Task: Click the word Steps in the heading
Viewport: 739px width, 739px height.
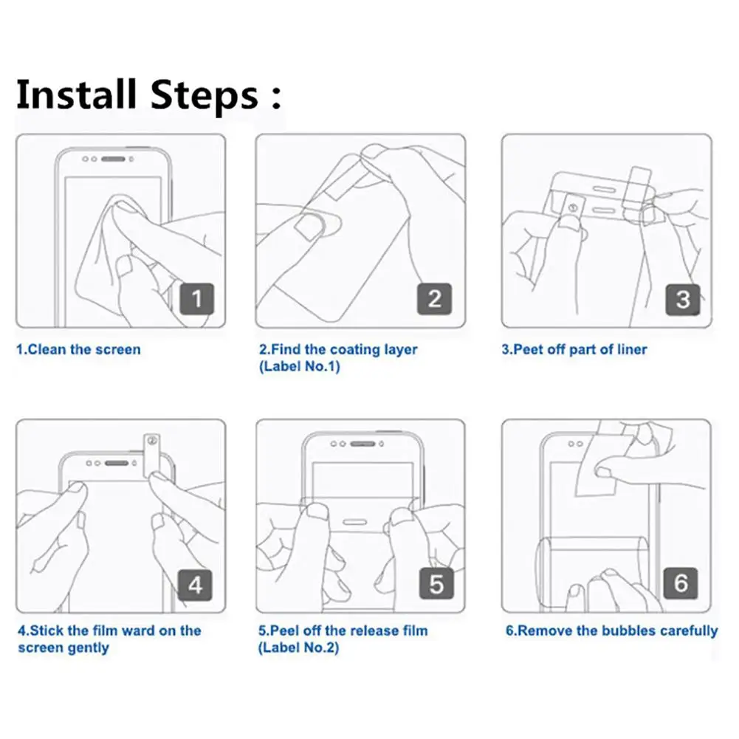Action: point(204,97)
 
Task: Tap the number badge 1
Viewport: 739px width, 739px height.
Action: point(197,299)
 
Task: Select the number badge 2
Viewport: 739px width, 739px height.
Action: point(435,299)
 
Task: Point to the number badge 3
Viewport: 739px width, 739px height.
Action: point(683,299)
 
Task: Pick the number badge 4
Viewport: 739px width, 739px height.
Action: point(195,585)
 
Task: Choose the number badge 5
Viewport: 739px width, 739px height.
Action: point(436,583)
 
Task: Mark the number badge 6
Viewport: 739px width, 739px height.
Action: point(681,583)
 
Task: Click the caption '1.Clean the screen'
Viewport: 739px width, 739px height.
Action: point(78,350)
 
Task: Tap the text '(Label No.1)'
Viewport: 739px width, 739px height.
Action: point(299,367)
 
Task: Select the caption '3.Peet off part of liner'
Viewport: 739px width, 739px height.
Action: point(574,350)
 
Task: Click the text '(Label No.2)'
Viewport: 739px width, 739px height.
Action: point(298,647)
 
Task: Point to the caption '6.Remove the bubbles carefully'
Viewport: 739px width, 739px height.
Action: point(612,631)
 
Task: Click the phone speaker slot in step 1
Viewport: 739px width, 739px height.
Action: point(113,159)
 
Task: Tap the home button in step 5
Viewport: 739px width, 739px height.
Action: point(355,522)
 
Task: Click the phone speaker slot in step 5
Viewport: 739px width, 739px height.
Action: point(362,444)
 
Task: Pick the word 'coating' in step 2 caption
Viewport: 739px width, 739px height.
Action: point(355,350)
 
